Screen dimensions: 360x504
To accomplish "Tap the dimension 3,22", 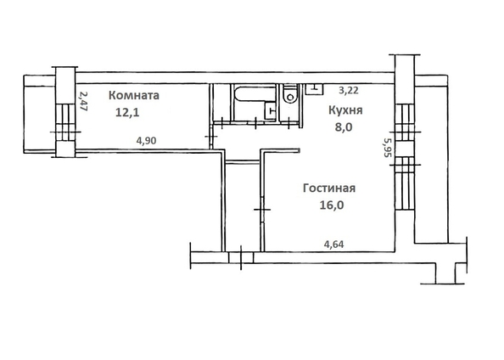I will coord(349,88).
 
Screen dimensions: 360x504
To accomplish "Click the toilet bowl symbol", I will coord(292,96).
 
